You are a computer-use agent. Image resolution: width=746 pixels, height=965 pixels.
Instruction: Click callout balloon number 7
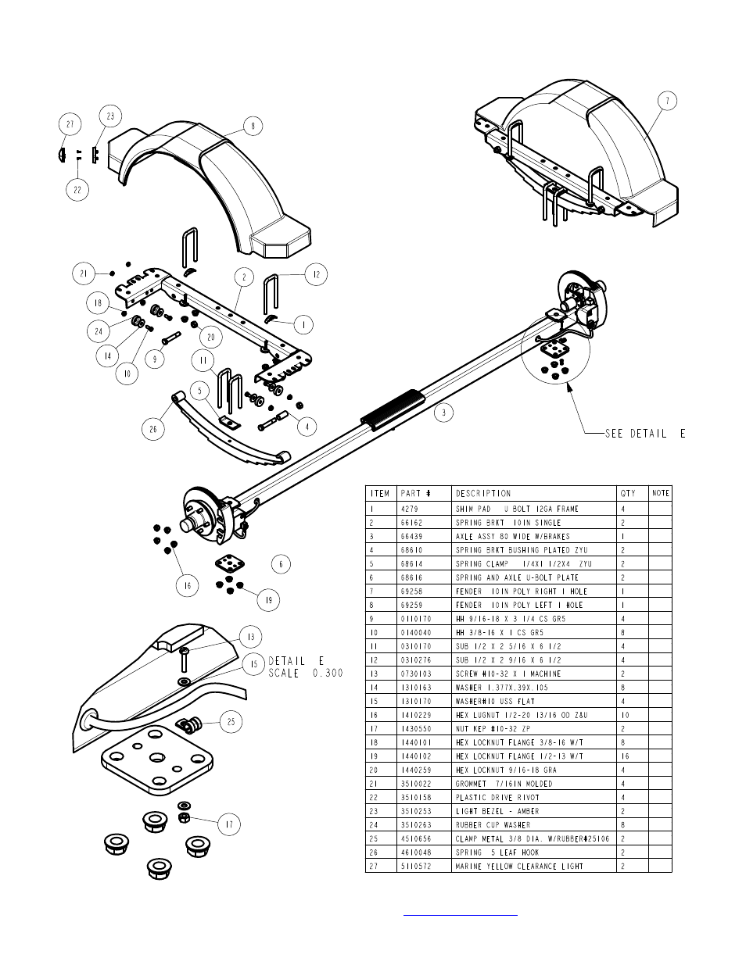tap(667, 101)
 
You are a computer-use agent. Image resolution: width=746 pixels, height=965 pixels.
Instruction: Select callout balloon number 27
tap(70, 124)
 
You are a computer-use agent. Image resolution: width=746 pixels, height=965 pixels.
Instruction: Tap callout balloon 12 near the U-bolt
tap(317, 274)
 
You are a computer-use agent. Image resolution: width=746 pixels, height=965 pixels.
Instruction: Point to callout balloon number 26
tap(153, 429)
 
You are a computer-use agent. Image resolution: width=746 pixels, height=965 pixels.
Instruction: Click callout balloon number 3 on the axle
tap(443, 413)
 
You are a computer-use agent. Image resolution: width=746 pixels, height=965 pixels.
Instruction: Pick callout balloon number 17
tap(229, 824)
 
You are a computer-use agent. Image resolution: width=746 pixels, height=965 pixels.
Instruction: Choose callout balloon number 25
tap(231, 722)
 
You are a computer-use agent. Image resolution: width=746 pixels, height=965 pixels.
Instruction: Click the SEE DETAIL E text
tap(645, 434)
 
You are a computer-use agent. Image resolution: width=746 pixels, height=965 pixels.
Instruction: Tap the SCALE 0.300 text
tap(306, 674)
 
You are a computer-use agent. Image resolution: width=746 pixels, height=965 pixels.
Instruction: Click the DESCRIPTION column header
tap(483, 493)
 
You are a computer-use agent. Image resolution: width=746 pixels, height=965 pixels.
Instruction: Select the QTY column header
tap(628, 493)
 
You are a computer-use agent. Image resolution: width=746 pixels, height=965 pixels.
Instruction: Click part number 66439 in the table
tap(411, 537)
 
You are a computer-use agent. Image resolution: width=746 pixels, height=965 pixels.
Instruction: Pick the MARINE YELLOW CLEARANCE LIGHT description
tap(519, 866)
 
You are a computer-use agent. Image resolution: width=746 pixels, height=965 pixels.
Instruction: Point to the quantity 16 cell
tap(625, 756)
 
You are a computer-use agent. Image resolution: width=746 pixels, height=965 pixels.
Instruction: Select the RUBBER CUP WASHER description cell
tap(493, 824)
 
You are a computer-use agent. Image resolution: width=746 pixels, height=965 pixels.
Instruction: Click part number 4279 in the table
tap(409, 509)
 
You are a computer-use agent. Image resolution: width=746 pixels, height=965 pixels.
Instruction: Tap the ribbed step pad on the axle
tap(393, 409)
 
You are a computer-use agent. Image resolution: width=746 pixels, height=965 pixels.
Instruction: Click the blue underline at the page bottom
tap(461, 915)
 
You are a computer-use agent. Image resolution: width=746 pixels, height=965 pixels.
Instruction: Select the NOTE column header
tap(661, 493)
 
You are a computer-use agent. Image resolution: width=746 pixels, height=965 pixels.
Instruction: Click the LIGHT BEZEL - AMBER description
tap(497, 811)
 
